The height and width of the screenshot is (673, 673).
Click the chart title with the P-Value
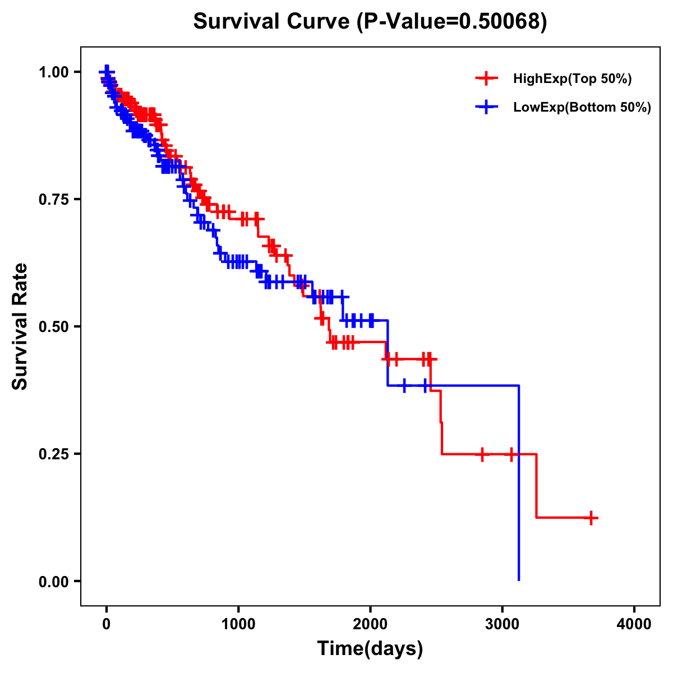click(x=370, y=21)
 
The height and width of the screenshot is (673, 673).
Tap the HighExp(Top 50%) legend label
click(x=572, y=79)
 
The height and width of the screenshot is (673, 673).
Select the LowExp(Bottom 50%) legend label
click(x=582, y=108)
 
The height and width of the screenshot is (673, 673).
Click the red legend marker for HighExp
click(x=486, y=79)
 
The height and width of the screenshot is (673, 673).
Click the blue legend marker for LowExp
click(x=486, y=107)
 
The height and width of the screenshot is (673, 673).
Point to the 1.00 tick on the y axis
click(x=54, y=72)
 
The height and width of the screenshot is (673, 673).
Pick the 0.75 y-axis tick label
click(x=54, y=199)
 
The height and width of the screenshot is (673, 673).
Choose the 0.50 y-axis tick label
click(x=54, y=326)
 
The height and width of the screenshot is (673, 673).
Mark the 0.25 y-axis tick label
click(x=54, y=454)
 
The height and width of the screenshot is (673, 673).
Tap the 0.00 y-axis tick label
click(x=54, y=582)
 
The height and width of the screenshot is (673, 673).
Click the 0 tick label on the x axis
click(x=107, y=625)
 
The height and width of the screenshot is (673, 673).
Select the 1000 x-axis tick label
click(x=238, y=625)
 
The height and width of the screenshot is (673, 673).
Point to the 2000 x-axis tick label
click(x=370, y=625)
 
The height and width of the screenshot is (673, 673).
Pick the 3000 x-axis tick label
click(x=503, y=625)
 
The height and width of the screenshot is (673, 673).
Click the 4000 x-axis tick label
click(x=634, y=625)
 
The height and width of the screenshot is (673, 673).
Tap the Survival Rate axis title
click(x=20, y=326)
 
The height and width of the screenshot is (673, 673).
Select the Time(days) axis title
click(x=370, y=649)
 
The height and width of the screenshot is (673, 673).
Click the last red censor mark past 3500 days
click(x=591, y=518)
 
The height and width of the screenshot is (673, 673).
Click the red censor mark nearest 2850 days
click(x=482, y=454)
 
